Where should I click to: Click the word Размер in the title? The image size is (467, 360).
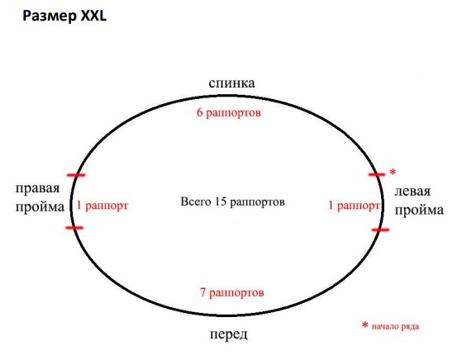pos(50,17)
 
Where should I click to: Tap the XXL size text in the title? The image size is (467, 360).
pos(94,16)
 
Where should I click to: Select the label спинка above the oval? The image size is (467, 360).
pos(231,83)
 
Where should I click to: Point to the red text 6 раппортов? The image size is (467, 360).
pos(229,113)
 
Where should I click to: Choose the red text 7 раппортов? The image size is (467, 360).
pos(232,293)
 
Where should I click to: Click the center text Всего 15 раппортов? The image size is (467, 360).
pos(232,201)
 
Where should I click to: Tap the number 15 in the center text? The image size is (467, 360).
pos(221,201)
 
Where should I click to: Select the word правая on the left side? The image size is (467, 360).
pos(37,188)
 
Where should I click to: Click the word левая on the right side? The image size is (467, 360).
pos(412,192)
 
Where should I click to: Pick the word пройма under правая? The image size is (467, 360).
pos(40,207)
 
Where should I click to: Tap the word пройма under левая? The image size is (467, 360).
pos(419,211)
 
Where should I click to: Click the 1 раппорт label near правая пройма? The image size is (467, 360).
pos(102,206)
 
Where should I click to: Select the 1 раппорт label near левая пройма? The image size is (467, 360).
pos(354,206)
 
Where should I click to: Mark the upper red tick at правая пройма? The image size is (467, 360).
pos(76,175)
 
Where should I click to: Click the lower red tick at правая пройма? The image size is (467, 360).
pos(74,228)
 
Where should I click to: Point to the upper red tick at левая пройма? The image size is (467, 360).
pos(377,174)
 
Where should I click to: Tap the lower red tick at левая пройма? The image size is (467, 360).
pos(380,230)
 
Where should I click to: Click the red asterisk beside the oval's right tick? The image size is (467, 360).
pos(393,172)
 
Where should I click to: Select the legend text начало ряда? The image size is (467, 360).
pos(395,327)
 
